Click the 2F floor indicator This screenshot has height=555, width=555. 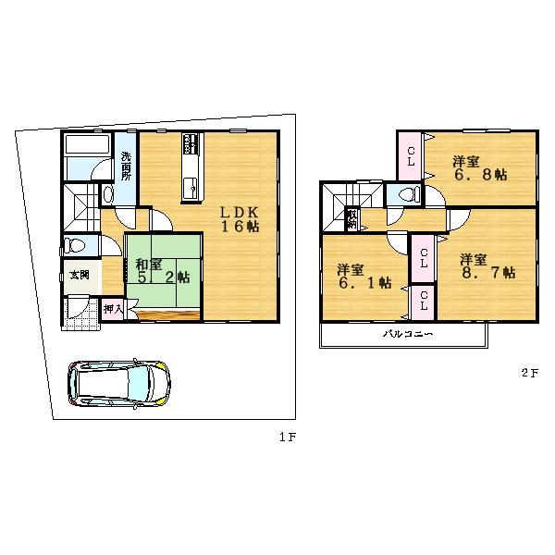pos(528,374)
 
